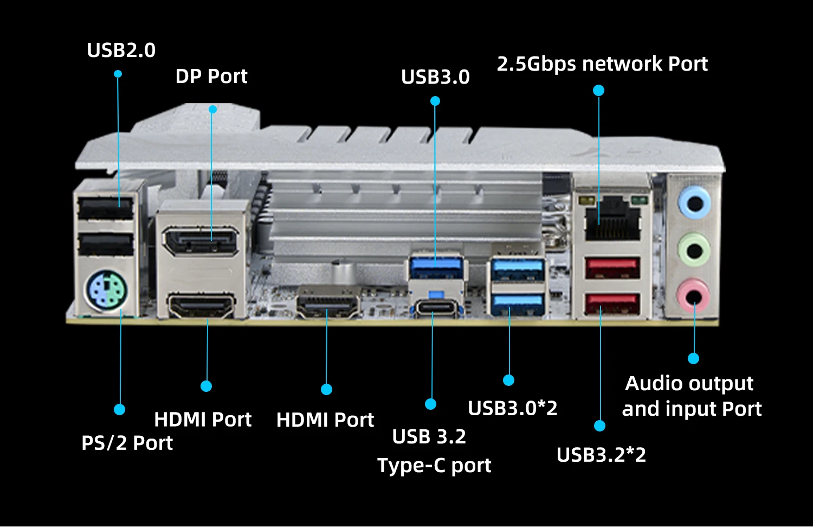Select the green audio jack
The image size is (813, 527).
694,250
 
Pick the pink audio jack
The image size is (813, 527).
693,296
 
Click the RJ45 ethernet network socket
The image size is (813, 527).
612,217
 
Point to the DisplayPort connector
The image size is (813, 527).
200,241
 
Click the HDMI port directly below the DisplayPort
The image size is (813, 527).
201,306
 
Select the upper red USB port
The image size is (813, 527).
612,268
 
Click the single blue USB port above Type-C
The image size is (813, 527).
437,266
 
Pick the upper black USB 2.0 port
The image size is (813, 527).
106,208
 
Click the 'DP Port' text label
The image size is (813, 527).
211,77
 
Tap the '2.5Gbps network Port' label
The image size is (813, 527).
602,64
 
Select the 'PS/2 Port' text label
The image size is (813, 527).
127,443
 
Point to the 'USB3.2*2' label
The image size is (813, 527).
601,455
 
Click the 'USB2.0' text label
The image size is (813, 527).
121,50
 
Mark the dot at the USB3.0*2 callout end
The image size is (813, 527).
508,380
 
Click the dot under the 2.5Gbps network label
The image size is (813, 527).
598,91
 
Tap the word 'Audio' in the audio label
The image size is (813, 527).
650,384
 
